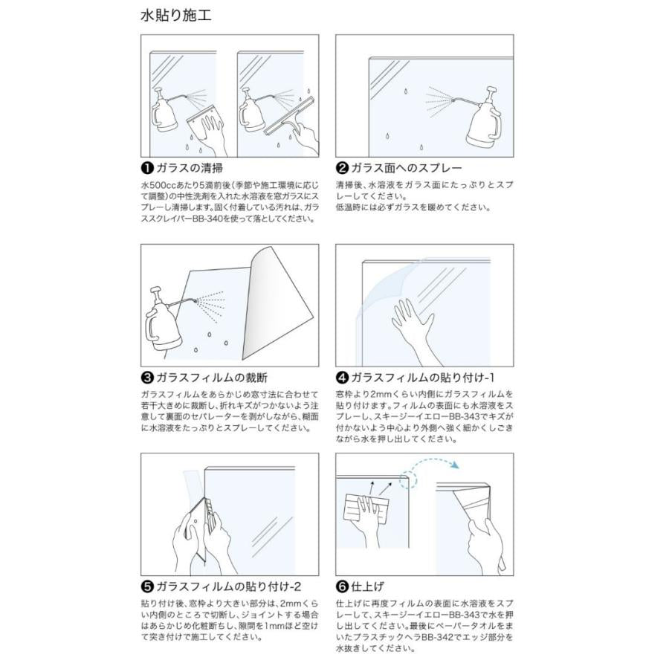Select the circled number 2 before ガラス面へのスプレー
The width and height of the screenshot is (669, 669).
pos(343,168)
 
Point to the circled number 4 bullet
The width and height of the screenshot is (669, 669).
pos(343,377)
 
